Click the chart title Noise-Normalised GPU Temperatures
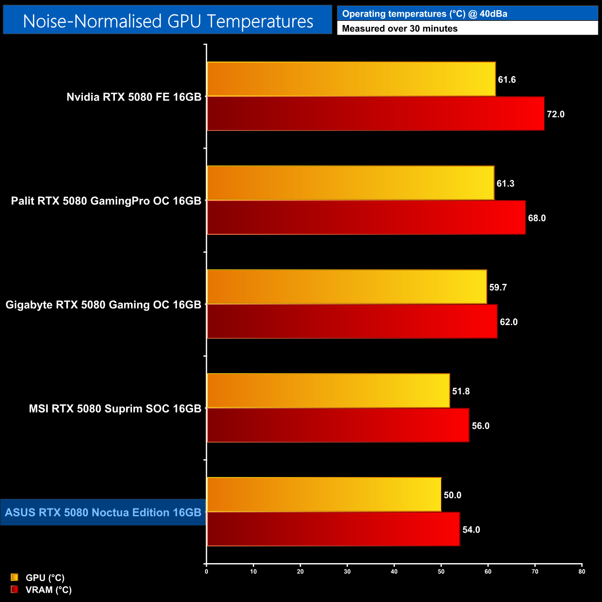point(168,21)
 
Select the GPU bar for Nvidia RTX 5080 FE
point(351,79)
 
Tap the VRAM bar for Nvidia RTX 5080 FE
point(375,114)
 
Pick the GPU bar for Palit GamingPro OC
point(351,183)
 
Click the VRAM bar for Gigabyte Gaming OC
point(352,321)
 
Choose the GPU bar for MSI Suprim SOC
point(328,391)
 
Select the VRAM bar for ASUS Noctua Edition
point(333,529)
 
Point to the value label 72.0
point(555,114)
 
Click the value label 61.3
point(505,184)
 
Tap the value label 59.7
point(498,288)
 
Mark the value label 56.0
point(480,426)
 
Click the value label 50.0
point(452,495)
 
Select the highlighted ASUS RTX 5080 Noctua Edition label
point(103,513)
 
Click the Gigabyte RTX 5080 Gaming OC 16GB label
point(103,305)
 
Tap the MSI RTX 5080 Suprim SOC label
point(115,409)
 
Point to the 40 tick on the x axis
point(394,571)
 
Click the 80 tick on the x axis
point(582,571)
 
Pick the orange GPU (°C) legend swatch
point(14,577)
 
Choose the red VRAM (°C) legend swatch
point(14,589)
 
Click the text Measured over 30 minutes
point(400,29)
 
